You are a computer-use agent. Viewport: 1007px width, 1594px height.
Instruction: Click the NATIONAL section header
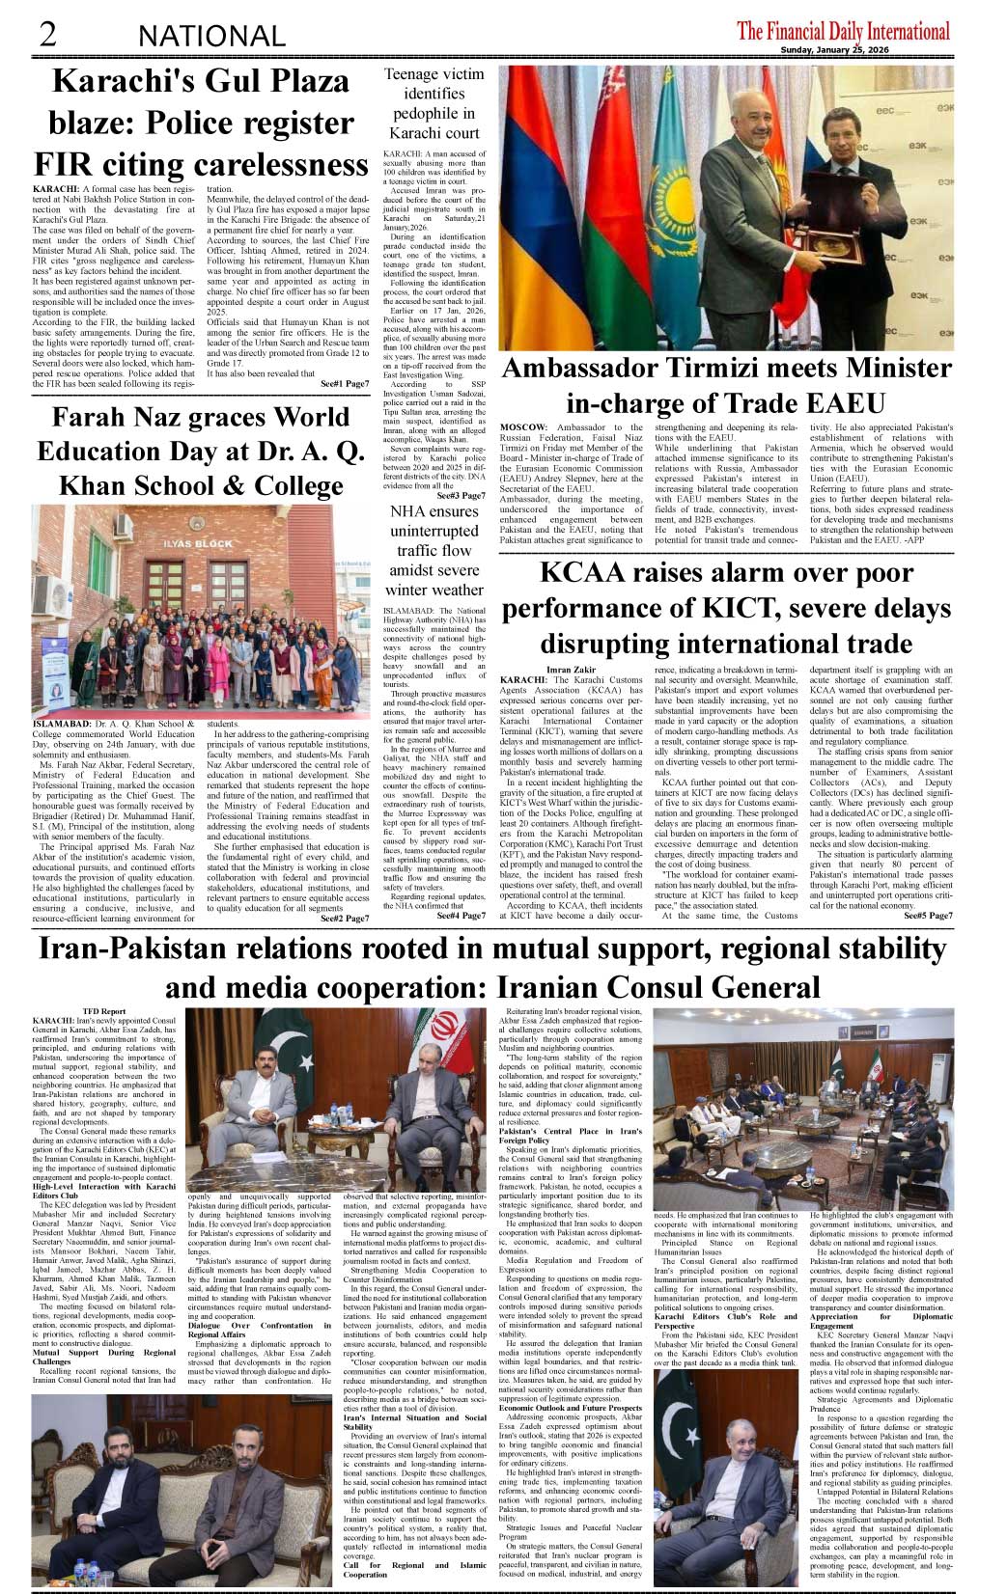(211, 37)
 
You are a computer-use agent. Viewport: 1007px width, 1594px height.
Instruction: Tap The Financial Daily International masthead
(843, 31)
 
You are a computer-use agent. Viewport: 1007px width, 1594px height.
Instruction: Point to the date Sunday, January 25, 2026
(865, 51)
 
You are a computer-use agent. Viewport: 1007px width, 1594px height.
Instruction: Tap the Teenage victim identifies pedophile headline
(434, 103)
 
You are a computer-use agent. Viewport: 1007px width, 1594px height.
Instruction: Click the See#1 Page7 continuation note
(344, 384)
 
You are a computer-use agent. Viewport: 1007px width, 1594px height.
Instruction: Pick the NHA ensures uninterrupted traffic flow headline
(434, 550)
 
